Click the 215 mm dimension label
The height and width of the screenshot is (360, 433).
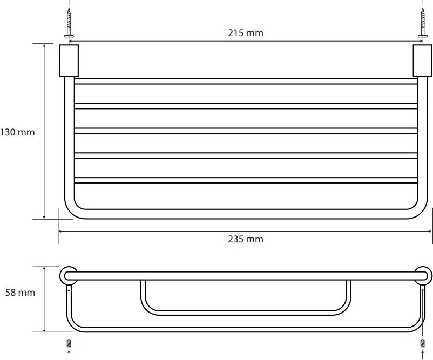coord(246,33)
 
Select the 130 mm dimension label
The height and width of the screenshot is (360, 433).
coord(17,132)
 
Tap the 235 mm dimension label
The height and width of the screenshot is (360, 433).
coord(246,239)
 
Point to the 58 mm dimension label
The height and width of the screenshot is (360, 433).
coord(20,293)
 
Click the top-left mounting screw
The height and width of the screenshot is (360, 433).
coord(69,23)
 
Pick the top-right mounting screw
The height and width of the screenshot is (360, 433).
coord(423,23)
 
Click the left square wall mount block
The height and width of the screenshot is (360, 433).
coord(69,61)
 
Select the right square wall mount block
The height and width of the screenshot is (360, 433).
coord(423,61)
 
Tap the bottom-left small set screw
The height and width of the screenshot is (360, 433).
coord(69,343)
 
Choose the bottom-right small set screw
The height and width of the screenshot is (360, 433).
coord(423,343)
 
